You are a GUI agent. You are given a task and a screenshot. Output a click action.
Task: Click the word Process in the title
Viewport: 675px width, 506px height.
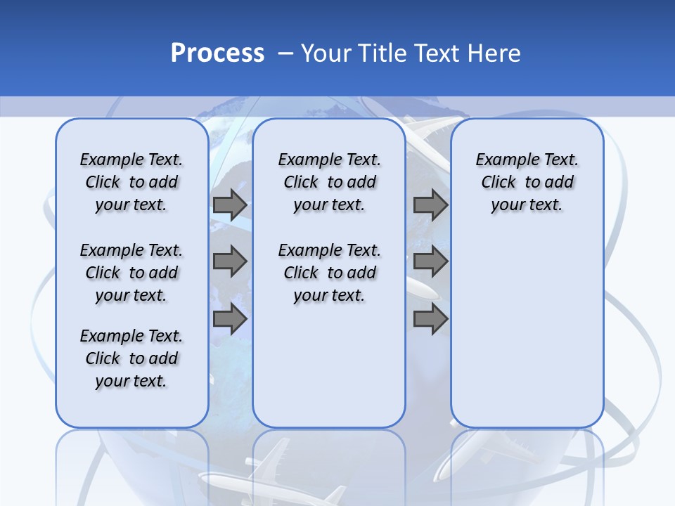pyautogui.click(x=217, y=53)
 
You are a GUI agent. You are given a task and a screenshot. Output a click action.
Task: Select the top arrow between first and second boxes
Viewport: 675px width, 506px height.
pyautogui.click(x=230, y=205)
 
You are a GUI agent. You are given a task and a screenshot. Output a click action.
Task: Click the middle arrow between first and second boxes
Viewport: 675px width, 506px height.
pyautogui.click(x=230, y=261)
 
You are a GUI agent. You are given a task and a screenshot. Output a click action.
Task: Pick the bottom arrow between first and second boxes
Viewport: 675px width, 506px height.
pyautogui.click(x=230, y=319)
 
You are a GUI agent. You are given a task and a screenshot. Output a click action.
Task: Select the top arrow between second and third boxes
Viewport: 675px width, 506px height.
pyautogui.click(x=430, y=205)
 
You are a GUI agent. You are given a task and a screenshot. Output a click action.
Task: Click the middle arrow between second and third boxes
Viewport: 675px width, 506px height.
pyautogui.click(x=430, y=261)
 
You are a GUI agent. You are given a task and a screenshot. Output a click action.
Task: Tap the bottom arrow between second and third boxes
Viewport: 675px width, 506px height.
pyautogui.click(x=430, y=319)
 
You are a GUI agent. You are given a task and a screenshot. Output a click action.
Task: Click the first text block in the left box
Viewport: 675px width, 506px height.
pyautogui.click(x=131, y=182)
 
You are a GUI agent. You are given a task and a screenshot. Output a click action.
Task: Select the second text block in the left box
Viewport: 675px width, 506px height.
pyautogui.click(x=131, y=273)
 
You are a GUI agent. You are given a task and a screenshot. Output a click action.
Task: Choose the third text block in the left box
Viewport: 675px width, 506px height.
pyautogui.click(x=131, y=358)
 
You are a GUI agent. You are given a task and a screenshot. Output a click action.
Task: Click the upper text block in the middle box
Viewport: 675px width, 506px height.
pyautogui.click(x=329, y=182)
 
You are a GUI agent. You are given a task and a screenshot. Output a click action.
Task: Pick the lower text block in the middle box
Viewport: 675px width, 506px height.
pyautogui.click(x=329, y=273)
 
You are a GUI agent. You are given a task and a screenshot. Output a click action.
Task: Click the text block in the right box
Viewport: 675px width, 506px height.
pyautogui.click(x=527, y=182)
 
